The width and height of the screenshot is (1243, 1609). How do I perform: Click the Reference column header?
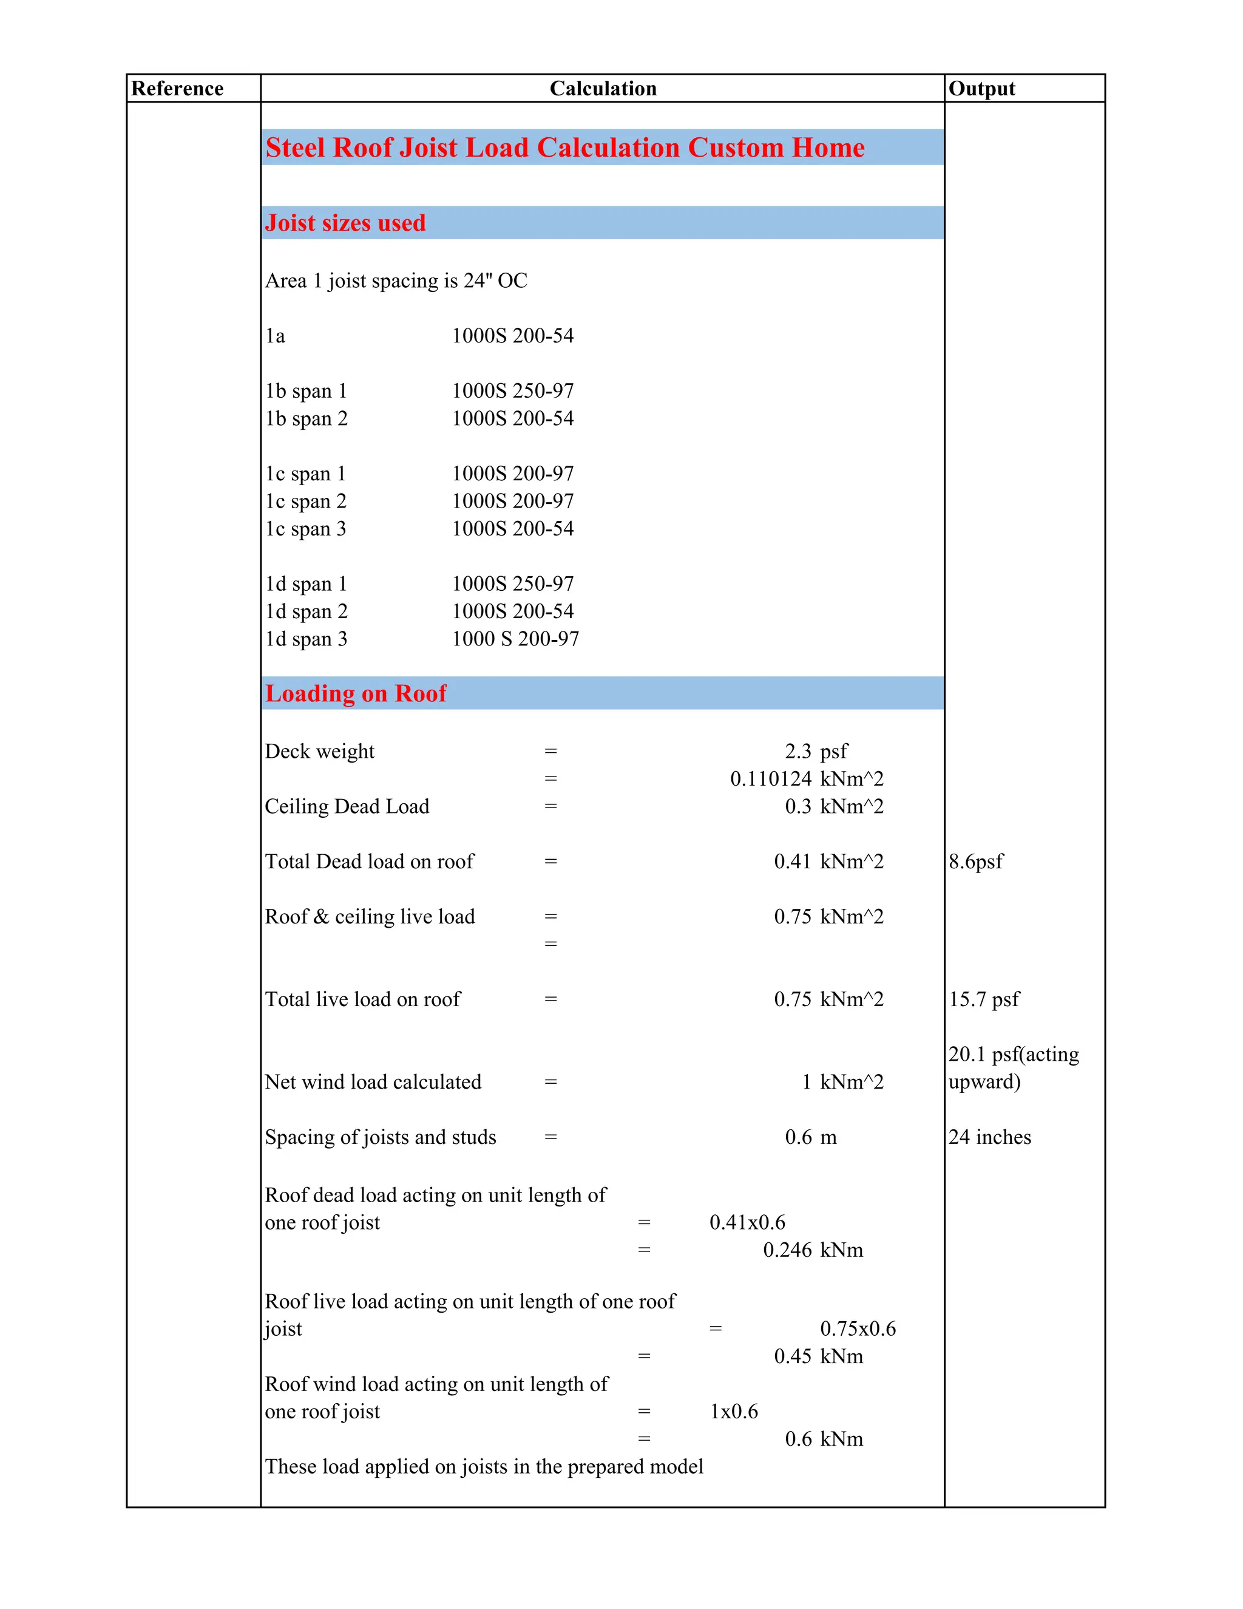tap(177, 89)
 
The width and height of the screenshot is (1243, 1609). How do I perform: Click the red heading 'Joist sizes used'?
tap(345, 222)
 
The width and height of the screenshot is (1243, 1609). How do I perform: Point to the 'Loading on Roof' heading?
tap(356, 693)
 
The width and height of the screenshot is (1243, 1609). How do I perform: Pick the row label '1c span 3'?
tap(306, 528)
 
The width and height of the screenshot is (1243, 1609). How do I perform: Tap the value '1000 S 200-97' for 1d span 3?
tap(515, 639)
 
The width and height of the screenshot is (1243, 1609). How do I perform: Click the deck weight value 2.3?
tap(798, 750)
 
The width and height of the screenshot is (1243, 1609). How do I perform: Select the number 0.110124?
tap(770, 779)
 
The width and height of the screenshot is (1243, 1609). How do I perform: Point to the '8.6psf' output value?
tap(976, 861)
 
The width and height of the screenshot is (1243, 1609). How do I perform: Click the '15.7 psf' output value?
tap(984, 999)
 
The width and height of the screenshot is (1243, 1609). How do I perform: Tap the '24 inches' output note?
tap(990, 1137)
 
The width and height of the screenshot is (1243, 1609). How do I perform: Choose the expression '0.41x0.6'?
tap(747, 1222)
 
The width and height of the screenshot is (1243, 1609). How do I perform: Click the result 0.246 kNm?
tap(812, 1250)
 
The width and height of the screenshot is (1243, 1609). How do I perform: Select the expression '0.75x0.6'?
tap(858, 1328)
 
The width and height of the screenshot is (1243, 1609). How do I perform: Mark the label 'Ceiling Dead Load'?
tap(347, 806)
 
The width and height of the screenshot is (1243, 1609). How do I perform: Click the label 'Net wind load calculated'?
tap(373, 1081)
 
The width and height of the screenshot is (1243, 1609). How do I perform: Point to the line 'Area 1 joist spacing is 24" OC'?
tap(396, 281)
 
